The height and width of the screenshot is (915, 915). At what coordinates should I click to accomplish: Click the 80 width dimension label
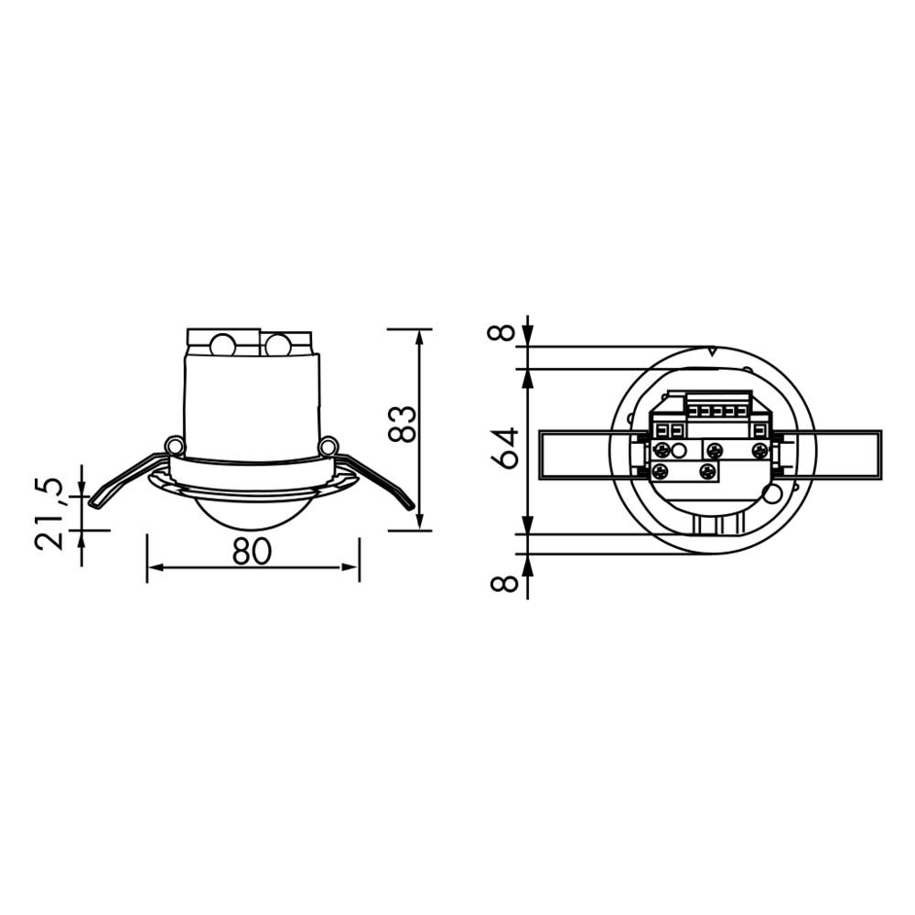pyautogui.click(x=252, y=552)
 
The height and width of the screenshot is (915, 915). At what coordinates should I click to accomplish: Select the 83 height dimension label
pyautogui.click(x=404, y=424)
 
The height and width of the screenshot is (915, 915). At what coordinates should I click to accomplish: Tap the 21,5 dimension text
pyautogui.click(x=51, y=513)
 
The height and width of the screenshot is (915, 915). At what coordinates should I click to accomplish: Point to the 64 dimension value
pyautogui.click(x=505, y=447)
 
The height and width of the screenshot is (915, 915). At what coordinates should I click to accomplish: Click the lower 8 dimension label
pyautogui.click(x=502, y=581)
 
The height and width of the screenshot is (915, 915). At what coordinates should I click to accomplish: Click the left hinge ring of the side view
pyautogui.click(x=173, y=446)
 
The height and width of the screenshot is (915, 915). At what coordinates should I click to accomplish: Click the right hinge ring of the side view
pyautogui.click(x=328, y=446)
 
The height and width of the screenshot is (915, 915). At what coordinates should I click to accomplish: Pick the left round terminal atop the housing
pyautogui.click(x=222, y=346)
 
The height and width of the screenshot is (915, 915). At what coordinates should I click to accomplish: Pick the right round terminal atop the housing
pyautogui.click(x=277, y=346)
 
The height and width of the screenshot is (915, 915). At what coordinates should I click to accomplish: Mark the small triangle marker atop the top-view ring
pyautogui.click(x=713, y=350)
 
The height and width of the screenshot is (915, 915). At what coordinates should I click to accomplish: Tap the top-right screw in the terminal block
pyautogui.click(x=759, y=450)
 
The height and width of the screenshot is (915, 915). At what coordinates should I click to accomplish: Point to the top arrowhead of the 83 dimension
pyautogui.click(x=420, y=336)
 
